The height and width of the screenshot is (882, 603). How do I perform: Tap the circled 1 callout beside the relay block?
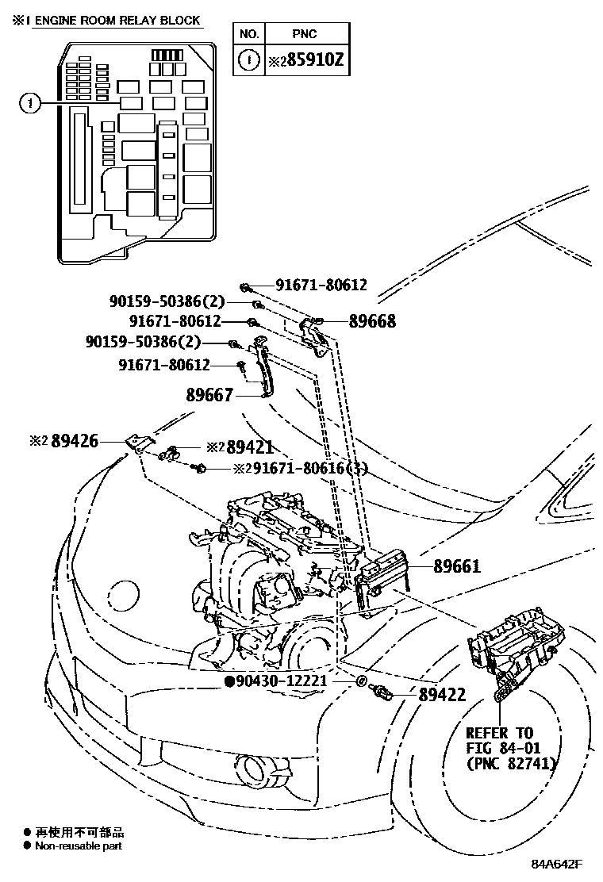coord(30,102)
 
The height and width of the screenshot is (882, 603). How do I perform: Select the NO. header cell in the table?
coord(249,34)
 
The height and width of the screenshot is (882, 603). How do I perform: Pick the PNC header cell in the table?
coord(305,34)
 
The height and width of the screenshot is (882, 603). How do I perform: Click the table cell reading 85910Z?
coord(305,59)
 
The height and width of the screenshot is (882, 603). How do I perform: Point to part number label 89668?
coord(372,321)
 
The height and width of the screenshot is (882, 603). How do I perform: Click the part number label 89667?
coord(210,393)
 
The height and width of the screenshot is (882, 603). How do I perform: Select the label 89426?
coord(75,440)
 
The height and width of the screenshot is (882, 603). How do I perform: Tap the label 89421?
coord(252,447)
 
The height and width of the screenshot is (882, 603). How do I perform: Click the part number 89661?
coord(457,566)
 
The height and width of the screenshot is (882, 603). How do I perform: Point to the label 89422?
coord(442,695)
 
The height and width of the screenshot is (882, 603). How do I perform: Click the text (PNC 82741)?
coord(510,763)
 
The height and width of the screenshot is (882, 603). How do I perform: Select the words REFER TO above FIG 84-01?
coord(499,733)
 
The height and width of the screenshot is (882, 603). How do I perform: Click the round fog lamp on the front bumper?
coord(255,767)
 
